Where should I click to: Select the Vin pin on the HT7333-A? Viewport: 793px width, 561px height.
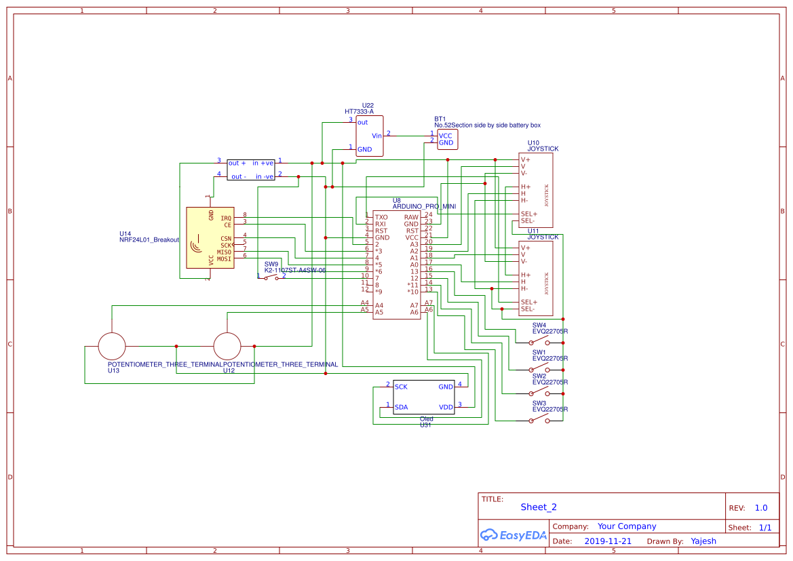pyautogui.click(x=376, y=136)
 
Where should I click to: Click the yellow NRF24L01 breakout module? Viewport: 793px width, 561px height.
pyautogui.click(x=210, y=237)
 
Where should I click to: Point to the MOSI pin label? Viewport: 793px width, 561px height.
pyautogui.click(x=224, y=258)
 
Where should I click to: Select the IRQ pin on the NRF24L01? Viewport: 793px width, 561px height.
pyautogui.click(x=226, y=218)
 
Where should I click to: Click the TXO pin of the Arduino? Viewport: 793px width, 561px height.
pyautogui.click(x=381, y=218)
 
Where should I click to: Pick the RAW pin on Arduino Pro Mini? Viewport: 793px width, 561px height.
pyautogui.click(x=411, y=218)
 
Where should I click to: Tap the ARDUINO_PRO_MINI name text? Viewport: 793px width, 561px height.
pyautogui.click(x=424, y=206)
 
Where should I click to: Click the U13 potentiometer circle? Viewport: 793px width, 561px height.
pyautogui.click(x=112, y=346)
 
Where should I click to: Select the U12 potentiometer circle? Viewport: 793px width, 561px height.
pyautogui.click(x=227, y=346)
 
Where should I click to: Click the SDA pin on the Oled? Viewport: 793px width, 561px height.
pyautogui.click(x=401, y=408)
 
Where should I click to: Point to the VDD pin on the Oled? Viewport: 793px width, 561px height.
pyautogui.click(x=446, y=408)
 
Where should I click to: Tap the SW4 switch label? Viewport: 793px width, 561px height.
pyautogui.click(x=539, y=325)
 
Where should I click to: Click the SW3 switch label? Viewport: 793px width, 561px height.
pyautogui.click(x=539, y=403)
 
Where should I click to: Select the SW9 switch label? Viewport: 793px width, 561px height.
pyautogui.click(x=271, y=264)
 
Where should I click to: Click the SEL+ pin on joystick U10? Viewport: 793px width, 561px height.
pyautogui.click(x=528, y=214)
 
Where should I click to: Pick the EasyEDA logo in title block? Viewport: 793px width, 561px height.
pyautogui.click(x=513, y=535)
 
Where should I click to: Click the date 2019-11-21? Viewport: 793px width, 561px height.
pyautogui.click(x=607, y=541)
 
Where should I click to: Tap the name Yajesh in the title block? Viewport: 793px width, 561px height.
pyautogui.click(x=703, y=541)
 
